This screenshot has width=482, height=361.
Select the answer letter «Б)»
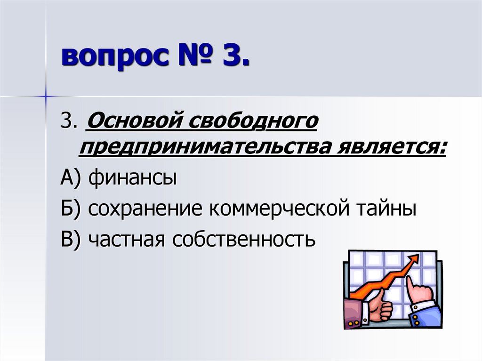point(72,209)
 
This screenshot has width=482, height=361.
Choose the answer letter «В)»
point(72,239)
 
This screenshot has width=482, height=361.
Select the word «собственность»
point(242,239)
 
